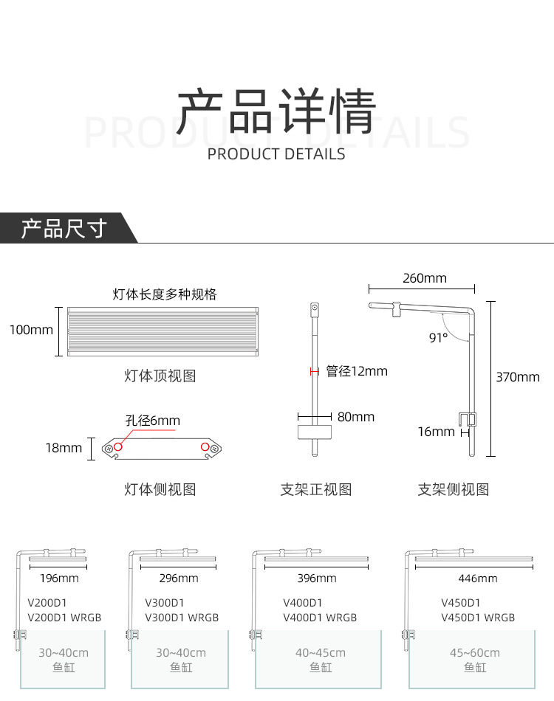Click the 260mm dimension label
coord(424,278)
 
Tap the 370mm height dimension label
coord(517,377)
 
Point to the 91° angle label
coord(438,337)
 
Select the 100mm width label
coord(31,330)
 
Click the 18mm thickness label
coord(64,448)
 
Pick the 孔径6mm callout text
coord(153,421)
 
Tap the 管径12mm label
coord(357,371)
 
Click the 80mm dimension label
coord(356,417)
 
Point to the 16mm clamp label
coord(436,432)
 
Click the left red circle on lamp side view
coord(118,447)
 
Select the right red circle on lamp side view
coord(205,447)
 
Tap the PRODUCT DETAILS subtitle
coord(276,154)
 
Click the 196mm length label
coord(59,579)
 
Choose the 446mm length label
coord(478,579)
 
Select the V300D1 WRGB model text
coord(182,618)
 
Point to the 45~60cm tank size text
coord(475,653)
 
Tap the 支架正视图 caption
coord(316,489)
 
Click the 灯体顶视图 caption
coord(160,376)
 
